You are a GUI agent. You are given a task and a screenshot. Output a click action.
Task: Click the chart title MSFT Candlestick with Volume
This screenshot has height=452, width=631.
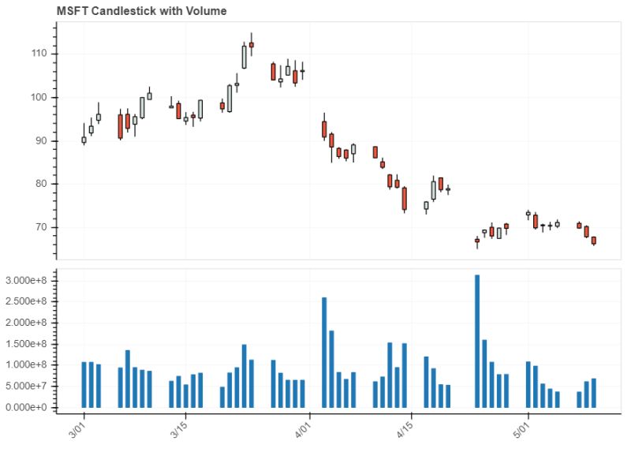(142, 11)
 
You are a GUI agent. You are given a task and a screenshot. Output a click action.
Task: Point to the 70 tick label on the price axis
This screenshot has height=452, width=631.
(40, 227)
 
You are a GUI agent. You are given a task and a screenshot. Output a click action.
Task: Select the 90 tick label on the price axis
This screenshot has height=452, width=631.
(40, 140)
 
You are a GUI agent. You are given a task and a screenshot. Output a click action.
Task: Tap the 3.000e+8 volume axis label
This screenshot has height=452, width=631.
(28, 280)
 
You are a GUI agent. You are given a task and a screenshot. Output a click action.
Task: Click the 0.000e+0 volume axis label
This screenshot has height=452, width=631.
(28, 408)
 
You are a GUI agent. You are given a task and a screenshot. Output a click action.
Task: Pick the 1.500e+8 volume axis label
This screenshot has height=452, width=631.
(28, 344)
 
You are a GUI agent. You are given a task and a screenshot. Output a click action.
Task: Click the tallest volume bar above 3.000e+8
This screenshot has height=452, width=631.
(477, 341)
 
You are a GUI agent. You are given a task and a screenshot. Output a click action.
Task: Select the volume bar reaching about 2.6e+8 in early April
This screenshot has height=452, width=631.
(324, 352)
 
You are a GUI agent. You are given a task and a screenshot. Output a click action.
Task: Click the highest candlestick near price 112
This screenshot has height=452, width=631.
(252, 44)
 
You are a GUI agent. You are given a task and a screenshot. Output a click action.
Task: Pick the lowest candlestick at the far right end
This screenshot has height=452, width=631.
(593, 241)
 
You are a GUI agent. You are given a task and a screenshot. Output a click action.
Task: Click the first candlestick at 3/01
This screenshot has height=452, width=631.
(84, 140)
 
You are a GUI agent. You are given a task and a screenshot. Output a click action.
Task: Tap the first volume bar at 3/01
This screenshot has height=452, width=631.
(84, 385)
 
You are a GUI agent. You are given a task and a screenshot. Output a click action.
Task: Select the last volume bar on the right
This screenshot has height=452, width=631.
(593, 393)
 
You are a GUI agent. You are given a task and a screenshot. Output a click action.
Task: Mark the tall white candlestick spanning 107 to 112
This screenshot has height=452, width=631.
(245, 57)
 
